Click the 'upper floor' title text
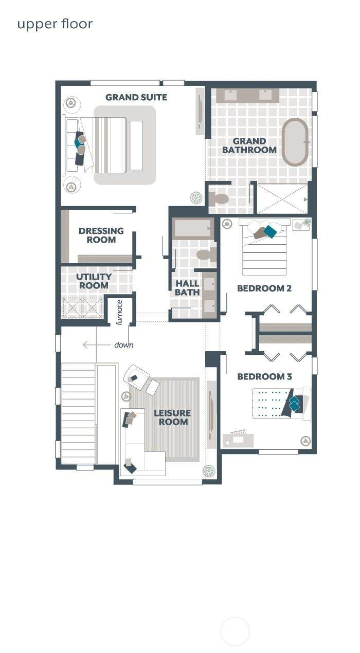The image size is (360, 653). point(55,24)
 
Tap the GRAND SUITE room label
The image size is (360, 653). point(136,97)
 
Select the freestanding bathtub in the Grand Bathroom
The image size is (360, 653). point(295,142)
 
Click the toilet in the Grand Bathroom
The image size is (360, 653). point(219,199)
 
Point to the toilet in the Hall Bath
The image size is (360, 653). point(206,255)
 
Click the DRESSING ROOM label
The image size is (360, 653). point(101,235)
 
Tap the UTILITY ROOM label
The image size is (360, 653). point(94,281)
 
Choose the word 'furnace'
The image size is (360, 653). point(119,313)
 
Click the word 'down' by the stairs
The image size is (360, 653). point(124,345)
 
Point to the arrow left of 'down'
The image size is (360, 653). point(97,345)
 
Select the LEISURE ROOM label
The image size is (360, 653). point(172,417)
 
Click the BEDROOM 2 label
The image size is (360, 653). point(264,288)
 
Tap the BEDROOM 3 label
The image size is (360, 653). point(264,377)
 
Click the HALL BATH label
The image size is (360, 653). point(187,288)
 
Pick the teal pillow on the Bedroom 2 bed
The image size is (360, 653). point(270,231)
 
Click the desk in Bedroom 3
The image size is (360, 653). point(238,441)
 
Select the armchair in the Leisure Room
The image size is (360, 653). point(136,377)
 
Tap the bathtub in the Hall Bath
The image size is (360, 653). point(193,228)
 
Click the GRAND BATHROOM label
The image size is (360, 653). point(249,146)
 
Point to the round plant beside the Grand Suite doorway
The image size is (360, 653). point(196,198)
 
